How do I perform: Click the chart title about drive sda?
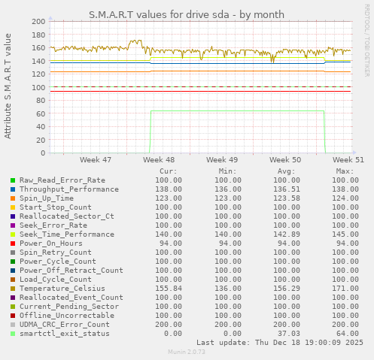187,14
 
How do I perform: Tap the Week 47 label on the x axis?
95,160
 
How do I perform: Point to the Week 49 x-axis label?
222,160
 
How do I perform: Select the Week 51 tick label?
348,160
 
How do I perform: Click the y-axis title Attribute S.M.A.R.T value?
8,86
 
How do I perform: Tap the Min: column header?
227,171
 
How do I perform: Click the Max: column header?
345,171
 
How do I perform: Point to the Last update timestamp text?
279,342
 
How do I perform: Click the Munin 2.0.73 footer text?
187,352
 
